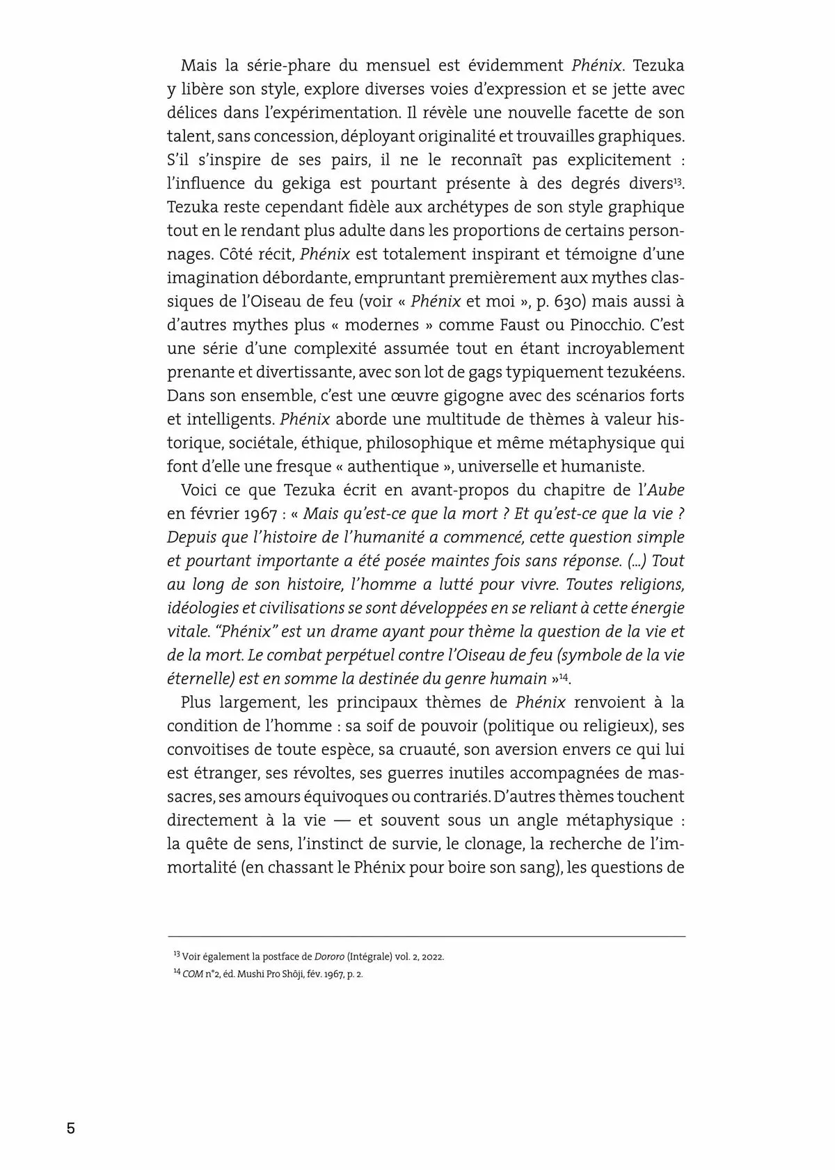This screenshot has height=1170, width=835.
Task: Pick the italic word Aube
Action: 666,490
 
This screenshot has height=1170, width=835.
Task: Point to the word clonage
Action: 493,844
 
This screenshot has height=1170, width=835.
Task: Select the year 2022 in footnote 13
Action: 431,957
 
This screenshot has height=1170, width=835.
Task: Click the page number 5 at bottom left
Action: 70,1129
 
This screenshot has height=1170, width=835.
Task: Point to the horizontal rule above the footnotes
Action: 426,937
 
